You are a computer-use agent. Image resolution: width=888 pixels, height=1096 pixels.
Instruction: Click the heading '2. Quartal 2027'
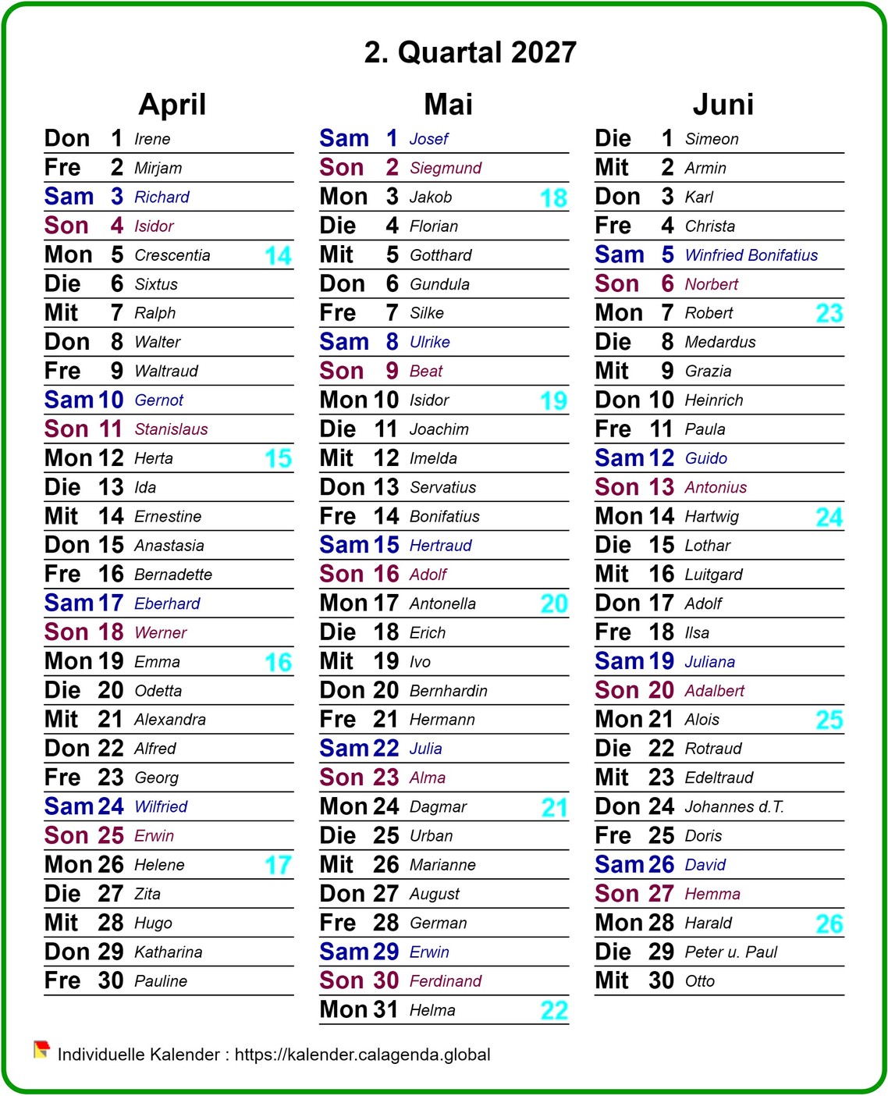coord(470,52)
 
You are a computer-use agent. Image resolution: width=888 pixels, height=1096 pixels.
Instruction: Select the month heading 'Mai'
coord(448,105)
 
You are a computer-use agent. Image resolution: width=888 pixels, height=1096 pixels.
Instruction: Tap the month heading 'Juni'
coord(723,105)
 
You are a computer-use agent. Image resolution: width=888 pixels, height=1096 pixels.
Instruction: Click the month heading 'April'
coord(172,105)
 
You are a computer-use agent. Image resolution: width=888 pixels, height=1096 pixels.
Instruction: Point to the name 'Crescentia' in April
coord(172,255)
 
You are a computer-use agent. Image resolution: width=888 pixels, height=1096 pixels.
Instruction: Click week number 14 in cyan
coord(278,256)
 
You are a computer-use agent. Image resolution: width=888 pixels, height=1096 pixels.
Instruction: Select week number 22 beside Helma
coord(554,1011)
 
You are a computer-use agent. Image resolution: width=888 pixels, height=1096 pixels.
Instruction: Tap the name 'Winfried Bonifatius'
coord(751,255)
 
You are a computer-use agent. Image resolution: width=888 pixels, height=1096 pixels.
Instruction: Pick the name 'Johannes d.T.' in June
coord(733,807)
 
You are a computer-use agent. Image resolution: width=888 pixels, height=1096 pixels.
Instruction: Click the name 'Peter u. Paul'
coord(730,952)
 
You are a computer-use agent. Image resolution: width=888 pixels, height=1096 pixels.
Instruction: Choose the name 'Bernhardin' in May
coord(448,691)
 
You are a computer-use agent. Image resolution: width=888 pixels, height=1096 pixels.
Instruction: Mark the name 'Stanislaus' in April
coord(171,429)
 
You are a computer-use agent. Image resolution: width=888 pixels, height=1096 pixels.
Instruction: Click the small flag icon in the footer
coord(41,1050)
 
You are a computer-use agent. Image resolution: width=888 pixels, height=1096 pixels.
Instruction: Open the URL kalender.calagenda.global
coord(362,1055)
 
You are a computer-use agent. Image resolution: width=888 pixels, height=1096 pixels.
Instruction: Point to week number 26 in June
coord(829,924)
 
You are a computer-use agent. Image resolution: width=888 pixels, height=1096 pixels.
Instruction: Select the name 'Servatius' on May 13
coord(442,488)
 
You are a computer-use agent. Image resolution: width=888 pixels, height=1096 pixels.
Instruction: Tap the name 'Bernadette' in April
coord(172,575)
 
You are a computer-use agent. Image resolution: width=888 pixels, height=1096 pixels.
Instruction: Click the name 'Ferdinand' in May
coord(445,981)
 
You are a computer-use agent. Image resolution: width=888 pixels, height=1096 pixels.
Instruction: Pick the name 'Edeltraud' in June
coord(719,778)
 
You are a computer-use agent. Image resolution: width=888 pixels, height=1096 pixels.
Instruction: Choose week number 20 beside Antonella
coord(554,604)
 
